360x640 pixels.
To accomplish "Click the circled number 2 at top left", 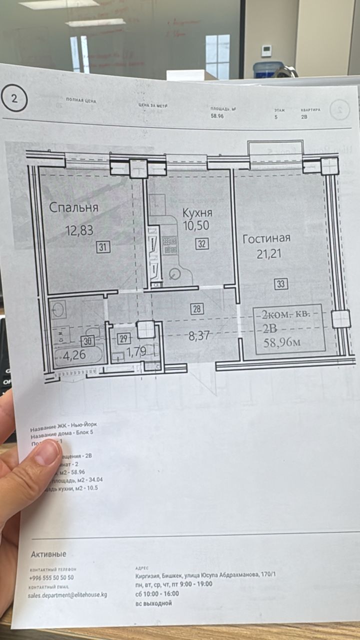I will tap(14, 98).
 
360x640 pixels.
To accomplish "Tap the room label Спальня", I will tap(74, 207).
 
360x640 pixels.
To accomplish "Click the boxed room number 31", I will tap(103, 246).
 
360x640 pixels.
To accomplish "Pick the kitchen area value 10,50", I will tap(195, 226).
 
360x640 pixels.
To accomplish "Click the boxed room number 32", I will tap(202, 244).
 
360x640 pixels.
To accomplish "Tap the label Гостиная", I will tap(266, 239).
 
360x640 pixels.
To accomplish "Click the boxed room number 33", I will tap(281, 284).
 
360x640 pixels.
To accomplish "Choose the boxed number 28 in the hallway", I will tap(197, 309).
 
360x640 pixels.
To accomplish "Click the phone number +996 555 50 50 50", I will tap(51, 577).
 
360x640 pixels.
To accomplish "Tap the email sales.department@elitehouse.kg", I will tap(67, 595).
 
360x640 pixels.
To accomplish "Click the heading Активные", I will tap(48, 554).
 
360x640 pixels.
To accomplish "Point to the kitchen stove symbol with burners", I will tap(170, 244).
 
